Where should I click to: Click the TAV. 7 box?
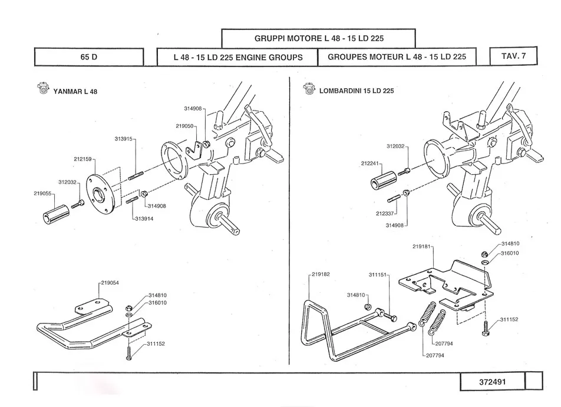(x=513, y=56)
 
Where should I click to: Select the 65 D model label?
(x=89, y=57)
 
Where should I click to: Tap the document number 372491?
(x=492, y=382)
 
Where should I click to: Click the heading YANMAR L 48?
(x=75, y=92)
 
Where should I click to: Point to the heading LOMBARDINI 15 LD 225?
(x=357, y=91)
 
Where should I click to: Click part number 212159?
(x=82, y=159)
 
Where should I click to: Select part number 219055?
(x=42, y=194)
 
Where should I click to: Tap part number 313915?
(x=123, y=139)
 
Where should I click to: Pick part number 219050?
(x=184, y=126)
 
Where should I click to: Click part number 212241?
(x=369, y=164)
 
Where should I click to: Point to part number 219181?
(x=421, y=246)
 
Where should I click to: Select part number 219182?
(x=321, y=274)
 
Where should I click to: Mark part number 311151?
(x=378, y=275)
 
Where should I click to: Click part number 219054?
(x=110, y=283)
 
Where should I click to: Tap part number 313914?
(x=144, y=218)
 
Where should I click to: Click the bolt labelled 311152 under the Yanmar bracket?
(x=129, y=353)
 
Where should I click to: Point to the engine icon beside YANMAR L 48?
(x=42, y=88)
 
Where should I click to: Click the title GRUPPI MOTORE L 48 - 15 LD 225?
(x=319, y=39)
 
